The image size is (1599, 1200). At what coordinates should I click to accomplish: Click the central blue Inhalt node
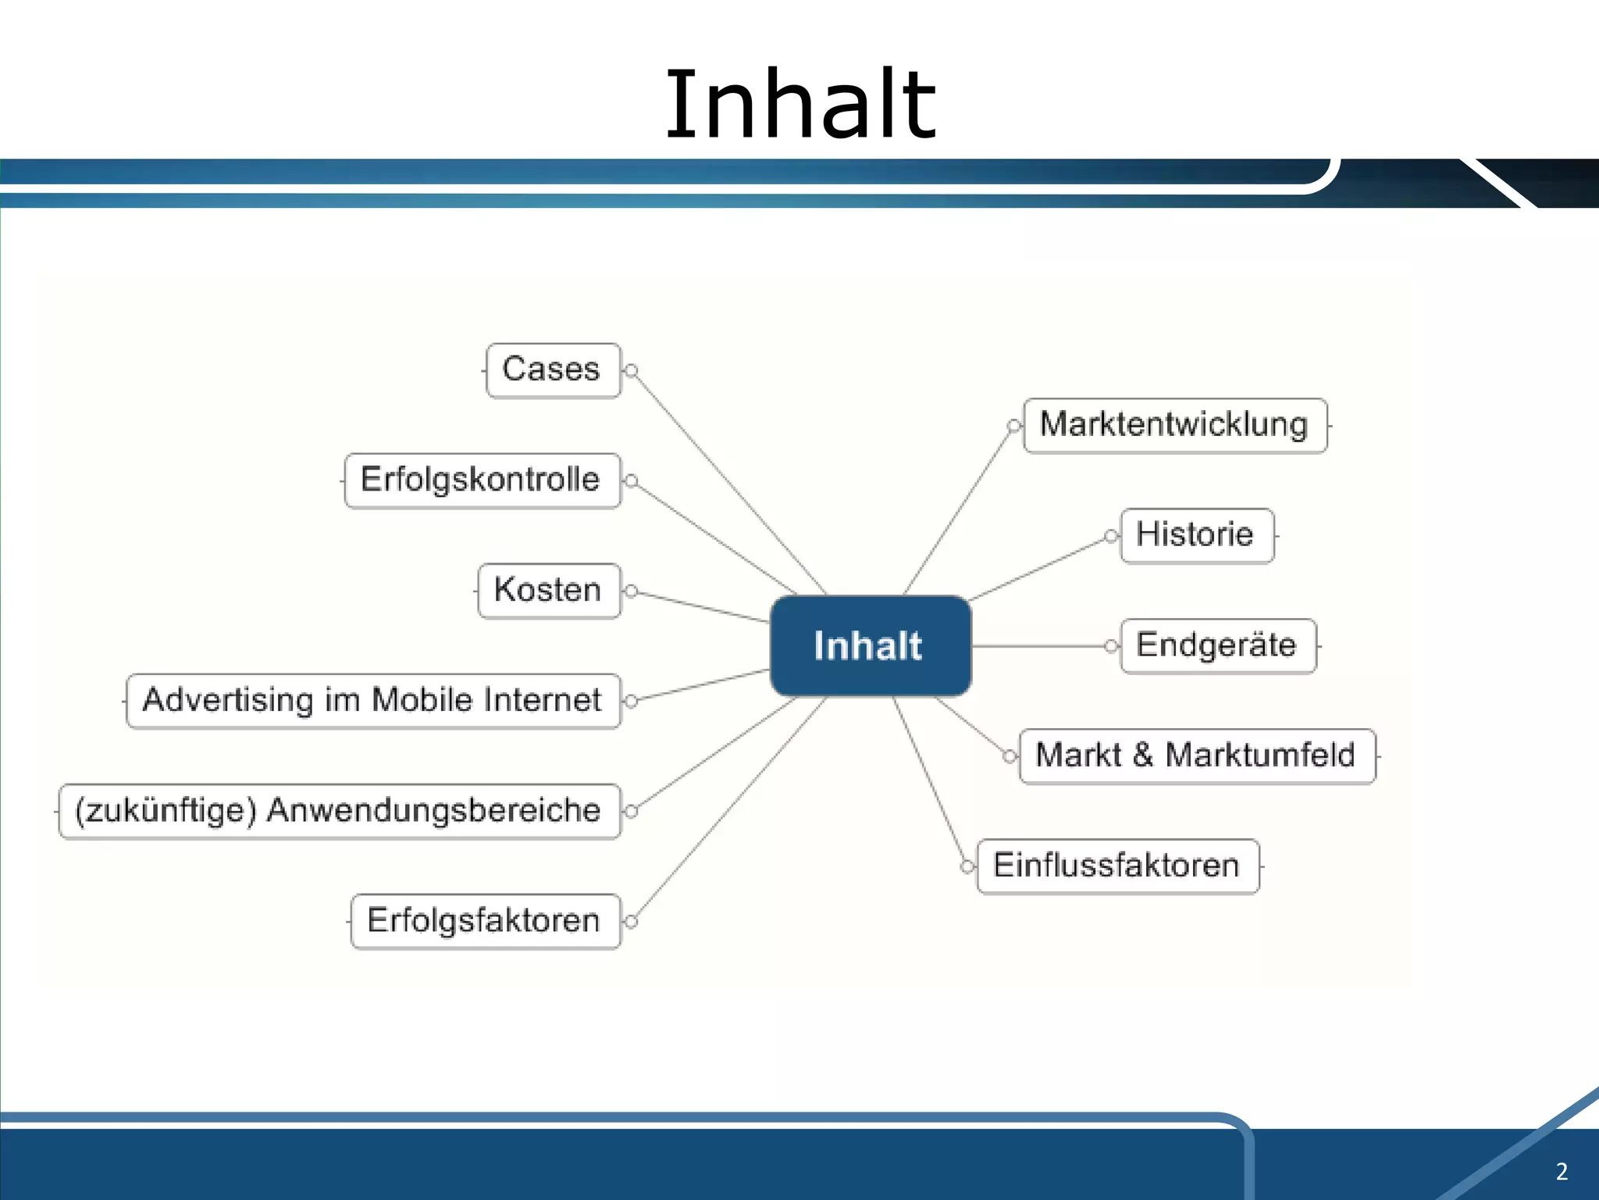point(870,646)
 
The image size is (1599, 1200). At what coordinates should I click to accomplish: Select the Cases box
point(553,370)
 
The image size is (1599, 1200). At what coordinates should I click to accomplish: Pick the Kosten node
point(549,591)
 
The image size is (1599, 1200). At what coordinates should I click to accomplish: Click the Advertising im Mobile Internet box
point(373,701)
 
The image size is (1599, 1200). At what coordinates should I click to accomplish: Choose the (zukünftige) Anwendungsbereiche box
point(339,811)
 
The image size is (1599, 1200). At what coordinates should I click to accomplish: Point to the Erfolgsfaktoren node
point(485,921)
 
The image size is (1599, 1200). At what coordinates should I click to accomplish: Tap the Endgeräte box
point(1217,646)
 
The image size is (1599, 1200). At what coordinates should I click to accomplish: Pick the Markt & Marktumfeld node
point(1196,756)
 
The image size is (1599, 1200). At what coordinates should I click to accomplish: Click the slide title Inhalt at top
point(799,105)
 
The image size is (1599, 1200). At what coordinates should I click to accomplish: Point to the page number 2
point(1562,1171)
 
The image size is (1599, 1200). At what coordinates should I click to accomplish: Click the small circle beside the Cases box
point(632,370)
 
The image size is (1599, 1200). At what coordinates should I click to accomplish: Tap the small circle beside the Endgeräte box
point(1111,646)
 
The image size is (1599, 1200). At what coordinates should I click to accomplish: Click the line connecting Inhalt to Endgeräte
point(1038,646)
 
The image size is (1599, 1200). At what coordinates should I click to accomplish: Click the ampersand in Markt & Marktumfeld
point(1143,755)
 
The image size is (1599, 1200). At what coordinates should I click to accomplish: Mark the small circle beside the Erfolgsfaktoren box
point(632,921)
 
